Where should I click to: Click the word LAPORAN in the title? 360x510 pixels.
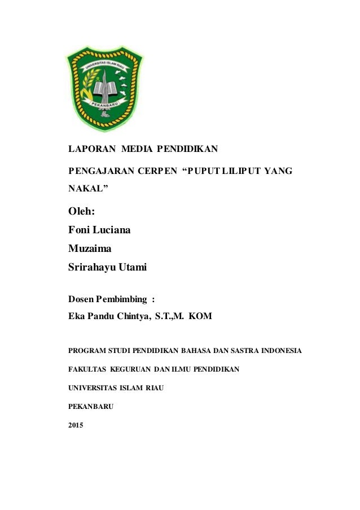[91, 150]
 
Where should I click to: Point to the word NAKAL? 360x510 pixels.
[86, 191]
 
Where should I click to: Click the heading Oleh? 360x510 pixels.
[81, 212]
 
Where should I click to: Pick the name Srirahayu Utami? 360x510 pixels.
[107, 268]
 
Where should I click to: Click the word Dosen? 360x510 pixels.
[81, 298]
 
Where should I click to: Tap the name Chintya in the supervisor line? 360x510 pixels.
[133, 316]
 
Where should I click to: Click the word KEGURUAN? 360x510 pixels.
[130, 369]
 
